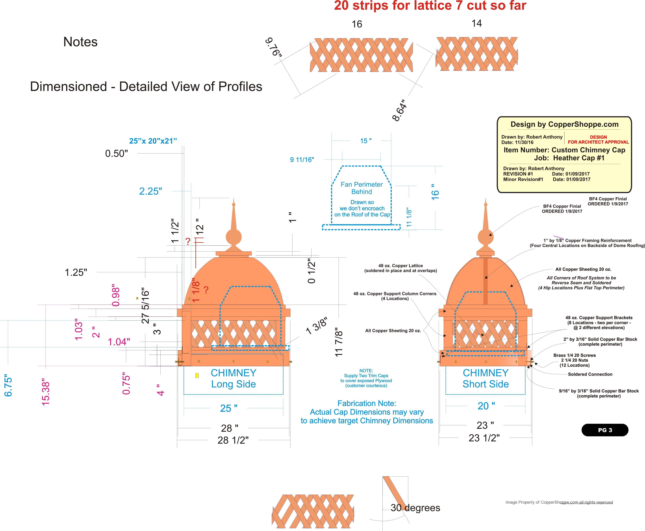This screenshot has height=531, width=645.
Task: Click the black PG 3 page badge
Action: (605, 430)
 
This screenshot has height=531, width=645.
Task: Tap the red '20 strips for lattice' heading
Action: (430, 6)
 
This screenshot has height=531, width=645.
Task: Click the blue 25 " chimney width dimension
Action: (229, 408)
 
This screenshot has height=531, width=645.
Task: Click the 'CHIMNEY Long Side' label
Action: (233, 378)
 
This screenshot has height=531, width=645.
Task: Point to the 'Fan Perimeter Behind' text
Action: (362, 188)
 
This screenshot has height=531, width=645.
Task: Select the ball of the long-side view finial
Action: (234, 237)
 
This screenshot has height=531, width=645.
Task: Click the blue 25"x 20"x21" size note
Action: (153, 141)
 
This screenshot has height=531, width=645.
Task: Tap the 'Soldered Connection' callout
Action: (590, 374)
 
